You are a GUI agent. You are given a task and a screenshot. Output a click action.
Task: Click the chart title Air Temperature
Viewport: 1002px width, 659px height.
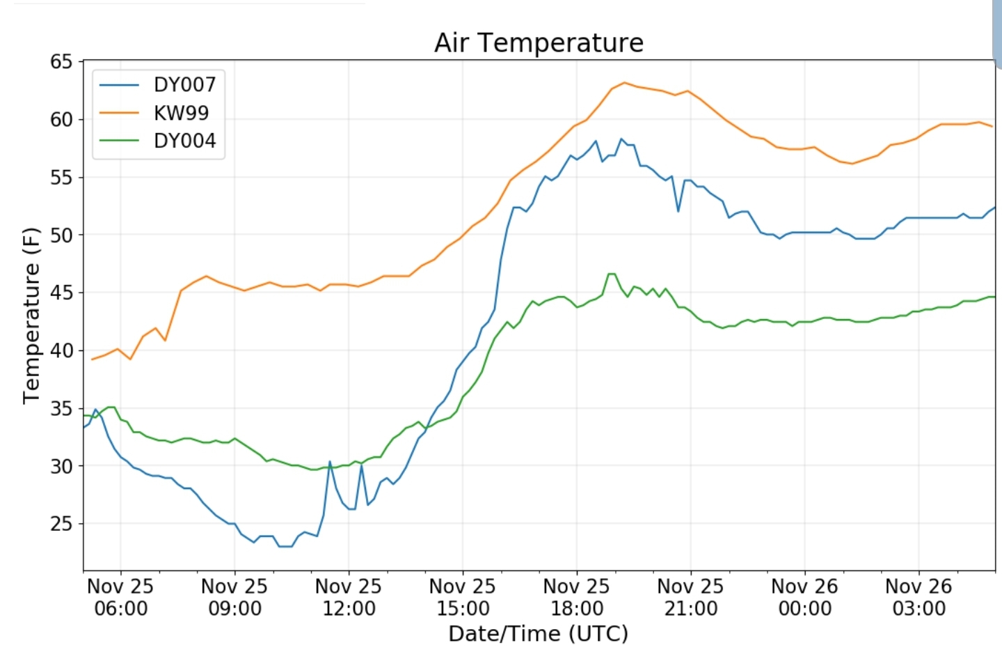point(539,43)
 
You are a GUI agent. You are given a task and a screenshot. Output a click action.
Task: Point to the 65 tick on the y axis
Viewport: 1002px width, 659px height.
point(61,62)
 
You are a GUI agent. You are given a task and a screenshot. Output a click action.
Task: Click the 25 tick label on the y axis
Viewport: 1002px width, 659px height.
point(61,524)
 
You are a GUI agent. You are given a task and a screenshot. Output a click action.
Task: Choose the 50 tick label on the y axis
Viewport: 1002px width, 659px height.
point(61,235)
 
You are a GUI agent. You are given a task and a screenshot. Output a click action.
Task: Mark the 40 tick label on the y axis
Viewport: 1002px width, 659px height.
point(61,350)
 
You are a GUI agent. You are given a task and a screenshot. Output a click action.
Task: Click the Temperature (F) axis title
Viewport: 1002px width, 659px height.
point(31,316)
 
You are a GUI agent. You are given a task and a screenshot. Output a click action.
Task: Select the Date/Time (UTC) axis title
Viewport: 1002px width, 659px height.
point(538,634)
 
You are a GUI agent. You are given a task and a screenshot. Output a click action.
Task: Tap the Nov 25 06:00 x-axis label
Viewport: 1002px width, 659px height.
point(120,598)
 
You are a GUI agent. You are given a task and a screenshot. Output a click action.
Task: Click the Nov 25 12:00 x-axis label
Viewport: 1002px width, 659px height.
point(349,598)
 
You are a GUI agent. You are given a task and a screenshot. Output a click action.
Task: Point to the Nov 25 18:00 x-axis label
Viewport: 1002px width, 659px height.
point(576,598)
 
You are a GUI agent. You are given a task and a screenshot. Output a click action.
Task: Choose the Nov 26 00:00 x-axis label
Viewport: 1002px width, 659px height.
point(804,598)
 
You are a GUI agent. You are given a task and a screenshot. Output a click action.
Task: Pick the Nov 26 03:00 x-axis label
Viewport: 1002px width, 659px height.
point(918,598)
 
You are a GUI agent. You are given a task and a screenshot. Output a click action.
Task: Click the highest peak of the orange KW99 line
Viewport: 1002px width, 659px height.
point(623,83)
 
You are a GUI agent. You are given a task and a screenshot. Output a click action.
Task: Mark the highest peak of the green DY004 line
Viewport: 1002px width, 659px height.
point(612,274)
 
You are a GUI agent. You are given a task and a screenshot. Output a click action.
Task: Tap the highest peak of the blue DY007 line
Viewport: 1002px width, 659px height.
point(621,139)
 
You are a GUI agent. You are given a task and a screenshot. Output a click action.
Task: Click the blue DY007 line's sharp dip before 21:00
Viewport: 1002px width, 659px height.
point(678,210)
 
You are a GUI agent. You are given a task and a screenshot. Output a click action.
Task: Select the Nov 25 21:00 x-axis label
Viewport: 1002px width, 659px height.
point(690,598)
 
